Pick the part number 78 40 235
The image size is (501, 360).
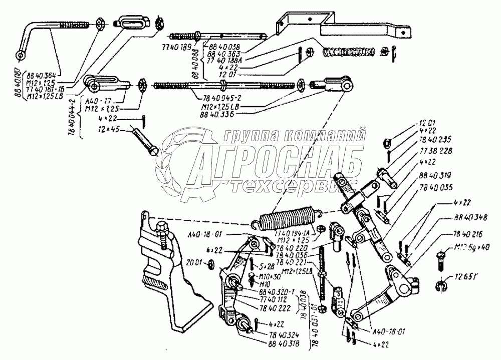point(430,140)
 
